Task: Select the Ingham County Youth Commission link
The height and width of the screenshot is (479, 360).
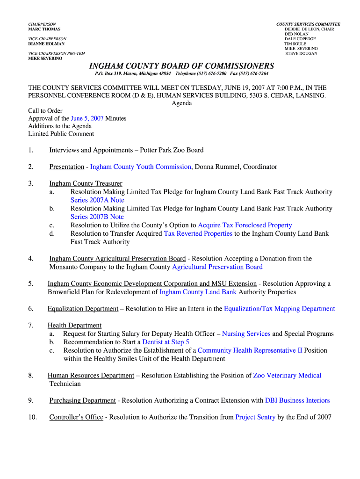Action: point(141,167)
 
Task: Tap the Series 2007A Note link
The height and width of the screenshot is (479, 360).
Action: point(97,200)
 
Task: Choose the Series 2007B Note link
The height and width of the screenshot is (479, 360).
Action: point(97,217)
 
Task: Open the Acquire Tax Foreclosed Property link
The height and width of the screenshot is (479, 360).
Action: point(245,225)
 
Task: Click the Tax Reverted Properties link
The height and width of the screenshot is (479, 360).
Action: point(198,233)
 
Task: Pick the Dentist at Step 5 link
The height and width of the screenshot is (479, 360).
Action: point(166,342)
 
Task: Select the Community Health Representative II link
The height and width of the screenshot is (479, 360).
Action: point(250,350)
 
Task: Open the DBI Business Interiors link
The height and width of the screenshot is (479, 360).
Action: point(297,400)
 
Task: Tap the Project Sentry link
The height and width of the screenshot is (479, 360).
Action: point(255,417)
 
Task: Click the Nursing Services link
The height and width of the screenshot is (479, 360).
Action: point(246,334)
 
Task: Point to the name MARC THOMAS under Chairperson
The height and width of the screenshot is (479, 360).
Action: point(44,29)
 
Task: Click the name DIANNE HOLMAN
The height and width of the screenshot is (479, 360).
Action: point(47,44)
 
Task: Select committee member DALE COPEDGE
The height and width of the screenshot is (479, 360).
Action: point(300,39)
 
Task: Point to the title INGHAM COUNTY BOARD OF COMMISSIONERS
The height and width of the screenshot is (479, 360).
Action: point(181,66)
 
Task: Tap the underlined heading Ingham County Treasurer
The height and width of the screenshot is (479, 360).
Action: point(86,183)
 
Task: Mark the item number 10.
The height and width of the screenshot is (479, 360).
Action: point(32,417)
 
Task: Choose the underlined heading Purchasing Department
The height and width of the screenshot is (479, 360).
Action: point(82,400)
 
